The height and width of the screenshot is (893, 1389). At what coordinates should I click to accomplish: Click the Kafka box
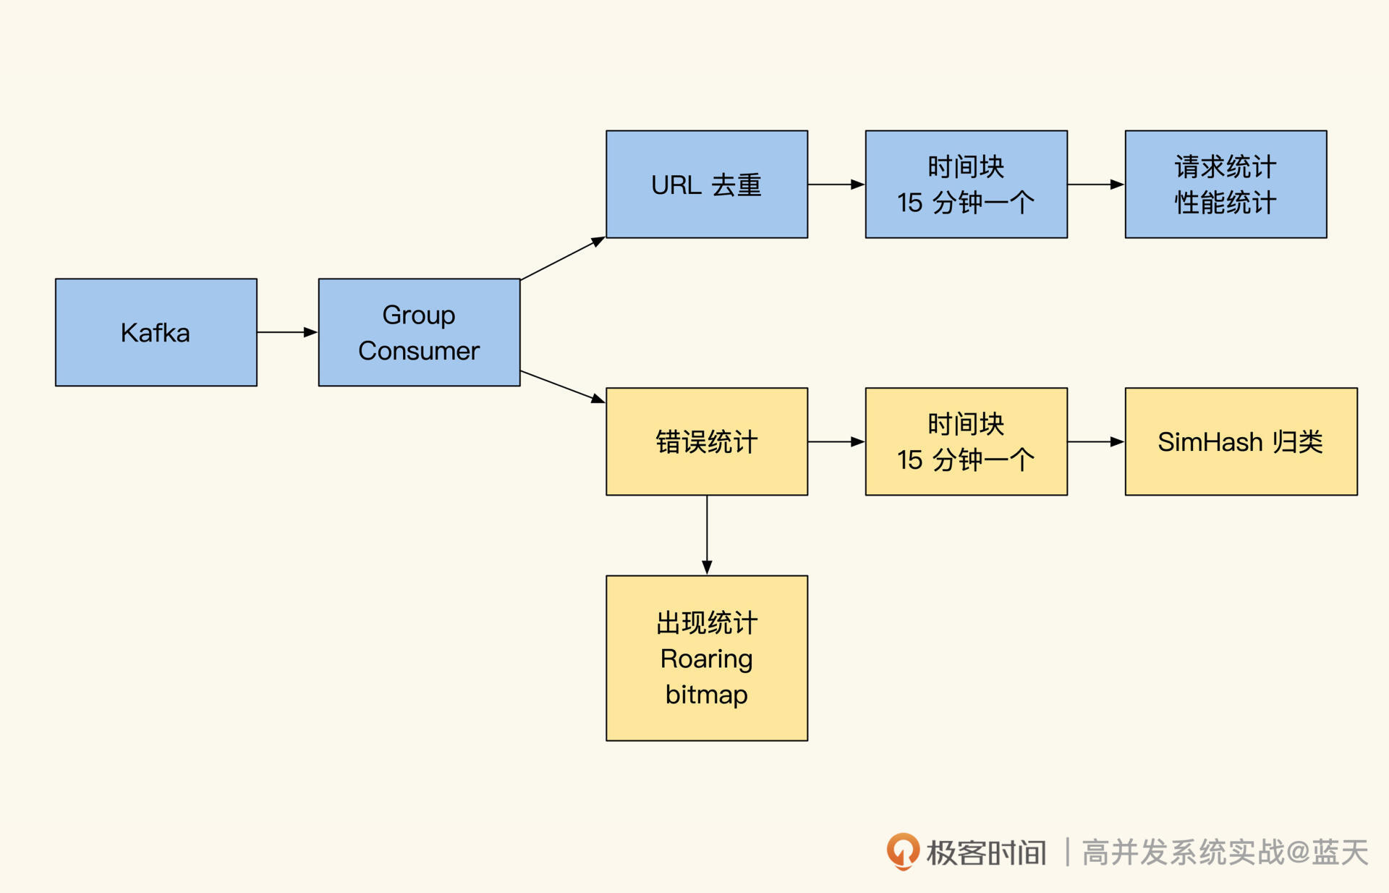point(156,332)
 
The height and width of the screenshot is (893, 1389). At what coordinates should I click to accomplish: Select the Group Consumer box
point(419,332)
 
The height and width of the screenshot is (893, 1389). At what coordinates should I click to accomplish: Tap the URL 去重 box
point(706,185)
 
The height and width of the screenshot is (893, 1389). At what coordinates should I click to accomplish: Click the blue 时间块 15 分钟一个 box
point(966,185)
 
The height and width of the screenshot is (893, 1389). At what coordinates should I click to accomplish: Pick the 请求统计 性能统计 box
point(1226,185)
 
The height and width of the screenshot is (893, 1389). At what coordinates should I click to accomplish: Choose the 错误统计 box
point(706,441)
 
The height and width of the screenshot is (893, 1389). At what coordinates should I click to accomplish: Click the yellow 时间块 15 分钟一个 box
point(966,441)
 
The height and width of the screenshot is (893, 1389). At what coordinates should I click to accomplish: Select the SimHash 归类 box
point(1241,441)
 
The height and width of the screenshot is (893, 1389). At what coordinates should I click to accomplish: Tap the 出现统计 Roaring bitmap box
point(706,658)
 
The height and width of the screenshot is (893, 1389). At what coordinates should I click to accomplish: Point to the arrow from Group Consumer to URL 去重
point(563,258)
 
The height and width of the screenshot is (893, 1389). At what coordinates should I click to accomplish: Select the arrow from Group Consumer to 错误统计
point(563,386)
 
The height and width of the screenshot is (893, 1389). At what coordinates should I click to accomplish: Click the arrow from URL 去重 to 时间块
point(836,185)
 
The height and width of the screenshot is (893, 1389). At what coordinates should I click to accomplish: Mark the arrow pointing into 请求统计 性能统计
point(1096,185)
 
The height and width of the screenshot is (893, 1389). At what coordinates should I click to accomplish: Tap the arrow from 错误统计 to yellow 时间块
point(836,441)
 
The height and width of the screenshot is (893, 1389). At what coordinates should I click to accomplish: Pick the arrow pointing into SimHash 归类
point(1096,441)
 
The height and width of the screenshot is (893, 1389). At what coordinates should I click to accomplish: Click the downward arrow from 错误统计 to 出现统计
point(707,535)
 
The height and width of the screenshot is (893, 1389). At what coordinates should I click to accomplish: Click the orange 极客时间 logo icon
point(903,851)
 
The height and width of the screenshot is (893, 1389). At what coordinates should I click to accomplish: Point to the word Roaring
point(706,659)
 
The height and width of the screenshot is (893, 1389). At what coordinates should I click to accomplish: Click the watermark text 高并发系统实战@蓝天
point(1225,852)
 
